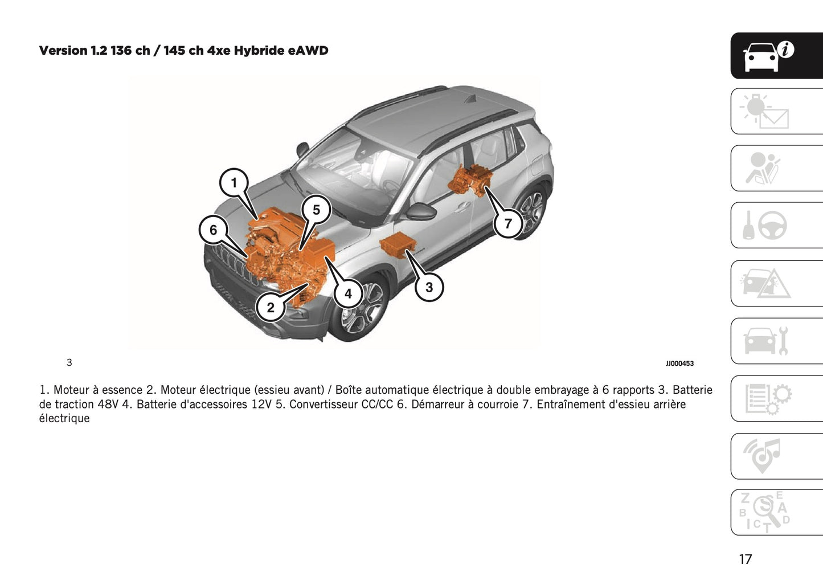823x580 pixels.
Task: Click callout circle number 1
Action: [234, 183]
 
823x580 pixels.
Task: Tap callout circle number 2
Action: [270, 308]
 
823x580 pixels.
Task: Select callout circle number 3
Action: [429, 287]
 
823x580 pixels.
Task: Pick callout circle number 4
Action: [347, 294]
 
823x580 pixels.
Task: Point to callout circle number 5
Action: [316, 210]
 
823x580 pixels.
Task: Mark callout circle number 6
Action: [213, 230]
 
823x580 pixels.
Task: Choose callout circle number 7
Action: [507, 223]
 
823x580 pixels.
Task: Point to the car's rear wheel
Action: [531, 212]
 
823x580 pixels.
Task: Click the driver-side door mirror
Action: [420, 212]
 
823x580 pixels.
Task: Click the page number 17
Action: [745, 559]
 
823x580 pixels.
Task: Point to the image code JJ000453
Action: [679, 363]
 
